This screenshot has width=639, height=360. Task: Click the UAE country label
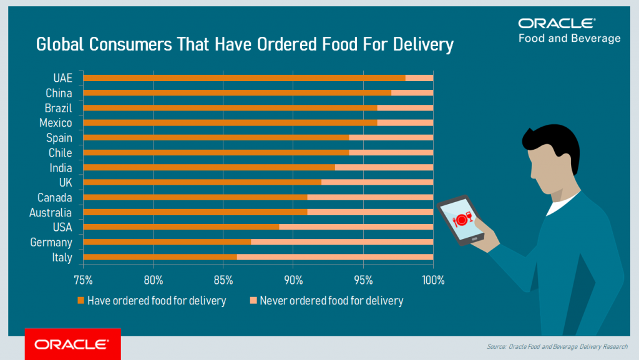pyautogui.click(x=62, y=78)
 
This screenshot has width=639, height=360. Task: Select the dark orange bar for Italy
pyautogui.click(x=160, y=257)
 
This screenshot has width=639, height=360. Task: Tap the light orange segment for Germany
pyautogui.click(x=342, y=242)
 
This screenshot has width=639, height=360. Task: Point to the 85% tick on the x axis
pyautogui.click(x=223, y=280)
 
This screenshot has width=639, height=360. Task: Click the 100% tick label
pyautogui.click(x=433, y=280)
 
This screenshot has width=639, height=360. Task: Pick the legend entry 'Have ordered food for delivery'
pyautogui.click(x=156, y=301)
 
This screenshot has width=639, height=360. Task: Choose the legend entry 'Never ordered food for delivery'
pyautogui.click(x=331, y=301)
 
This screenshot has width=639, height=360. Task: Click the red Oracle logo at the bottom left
pyautogui.click(x=72, y=344)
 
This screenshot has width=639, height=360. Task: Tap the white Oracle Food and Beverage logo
pyautogui.click(x=568, y=31)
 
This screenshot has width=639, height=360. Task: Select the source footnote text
pyautogui.click(x=557, y=346)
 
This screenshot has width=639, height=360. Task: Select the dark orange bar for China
pyautogui.click(x=237, y=93)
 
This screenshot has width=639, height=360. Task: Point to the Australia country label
pyautogui.click(x=51, y=213)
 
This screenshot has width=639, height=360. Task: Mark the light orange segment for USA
pyautogui.click(x=356, y=227)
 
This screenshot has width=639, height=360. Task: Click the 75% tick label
pyautogui.click(x=83, y=280)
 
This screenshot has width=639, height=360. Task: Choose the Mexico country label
pyautogui.click(x=56, y=123)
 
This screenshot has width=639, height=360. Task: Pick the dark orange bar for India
pyautogui.click(x=209, y=167)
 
